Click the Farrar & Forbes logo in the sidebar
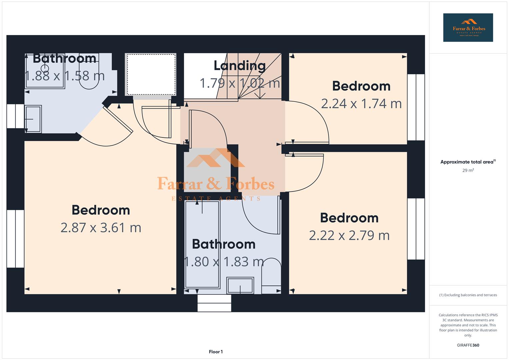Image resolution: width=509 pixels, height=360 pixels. tap(468, 28)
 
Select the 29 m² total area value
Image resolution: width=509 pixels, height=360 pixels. tap(468, 170)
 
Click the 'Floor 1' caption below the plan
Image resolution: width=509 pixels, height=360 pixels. tap(216, 352)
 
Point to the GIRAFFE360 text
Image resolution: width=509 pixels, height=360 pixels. tap(468, 345)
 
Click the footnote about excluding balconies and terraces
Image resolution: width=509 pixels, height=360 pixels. tap(468, 295)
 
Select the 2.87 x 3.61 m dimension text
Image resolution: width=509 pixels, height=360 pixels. tap(101, 228)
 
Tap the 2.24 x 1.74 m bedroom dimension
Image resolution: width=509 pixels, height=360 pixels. tap(361, 104)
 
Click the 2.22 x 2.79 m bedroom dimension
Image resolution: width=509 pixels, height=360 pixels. tap(349, 236)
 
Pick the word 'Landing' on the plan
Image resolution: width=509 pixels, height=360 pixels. tap(239, 66)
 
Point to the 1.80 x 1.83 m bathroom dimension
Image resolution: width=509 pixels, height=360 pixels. tap(224, 262)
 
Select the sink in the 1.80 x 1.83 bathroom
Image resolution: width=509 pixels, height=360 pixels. tap(240, 285)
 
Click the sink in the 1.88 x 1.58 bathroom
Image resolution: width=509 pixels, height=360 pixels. tap(33, 119)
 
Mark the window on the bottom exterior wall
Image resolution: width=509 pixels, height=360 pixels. tap(214, 303)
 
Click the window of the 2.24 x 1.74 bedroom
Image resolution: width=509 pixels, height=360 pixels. tap(416, 107)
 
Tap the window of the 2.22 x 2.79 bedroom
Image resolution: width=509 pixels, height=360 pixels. tap(416, 229)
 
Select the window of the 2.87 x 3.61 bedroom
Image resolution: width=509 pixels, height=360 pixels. tap(15, 239)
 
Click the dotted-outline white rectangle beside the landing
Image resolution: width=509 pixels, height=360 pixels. tap(151, 74)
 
